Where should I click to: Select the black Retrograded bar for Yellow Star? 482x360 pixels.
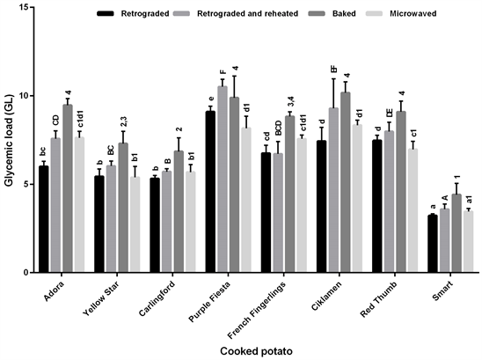(99, 224)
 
